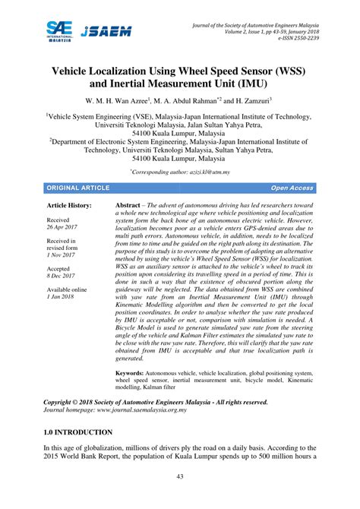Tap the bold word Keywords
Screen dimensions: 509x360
pyautogui.click(x=129, y=374)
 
